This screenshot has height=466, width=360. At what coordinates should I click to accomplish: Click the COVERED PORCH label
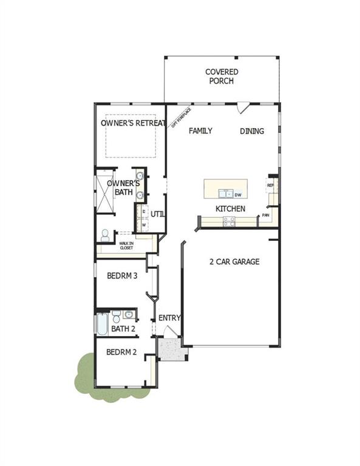[x=222, y=76]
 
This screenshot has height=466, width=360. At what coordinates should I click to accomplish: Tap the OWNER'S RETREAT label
[x=133, y=123]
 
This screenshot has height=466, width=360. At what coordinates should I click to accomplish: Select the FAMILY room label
[x=200, y=130]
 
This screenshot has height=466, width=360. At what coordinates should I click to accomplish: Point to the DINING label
[x=252, y=130]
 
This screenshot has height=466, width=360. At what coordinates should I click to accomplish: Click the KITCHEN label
[x=231, y=209]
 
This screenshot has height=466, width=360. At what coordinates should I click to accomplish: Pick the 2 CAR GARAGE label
[x=234, y=262]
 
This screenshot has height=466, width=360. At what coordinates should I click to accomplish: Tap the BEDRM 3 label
[x=122, y=275]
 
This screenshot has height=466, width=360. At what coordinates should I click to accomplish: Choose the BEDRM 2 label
[x=121, y=352]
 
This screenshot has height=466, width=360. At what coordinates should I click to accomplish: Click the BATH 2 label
[x=123, y=329]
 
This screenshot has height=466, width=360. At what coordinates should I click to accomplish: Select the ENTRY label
[x=169, y=318]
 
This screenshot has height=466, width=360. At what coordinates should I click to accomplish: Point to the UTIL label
[x=158, y=214]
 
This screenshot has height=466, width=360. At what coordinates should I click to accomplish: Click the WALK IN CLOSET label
[x=126, y=246]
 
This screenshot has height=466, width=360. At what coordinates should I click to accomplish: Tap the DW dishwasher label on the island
[x=238, y=195]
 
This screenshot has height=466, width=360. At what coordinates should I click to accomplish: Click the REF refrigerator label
[x=270, y=185]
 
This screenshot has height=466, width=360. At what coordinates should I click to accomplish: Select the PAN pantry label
[x=266, y=215]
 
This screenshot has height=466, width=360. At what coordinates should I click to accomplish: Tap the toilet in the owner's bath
[x=106, y=234]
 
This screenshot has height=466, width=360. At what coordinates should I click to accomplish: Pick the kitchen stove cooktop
[x=229, y=223]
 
